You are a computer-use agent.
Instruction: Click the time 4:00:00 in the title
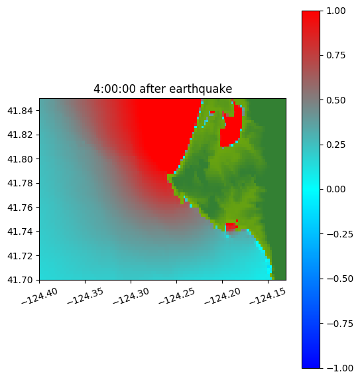[x=115, y=89]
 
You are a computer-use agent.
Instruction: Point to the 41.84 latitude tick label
[x=20, y=111]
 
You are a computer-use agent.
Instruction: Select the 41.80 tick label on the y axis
[x=20, y=159]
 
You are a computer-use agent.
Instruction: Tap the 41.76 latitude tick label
[x=20, y=208]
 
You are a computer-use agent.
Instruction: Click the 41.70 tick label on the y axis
[x=20, y=280]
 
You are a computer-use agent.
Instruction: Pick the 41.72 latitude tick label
[x=20, y=256]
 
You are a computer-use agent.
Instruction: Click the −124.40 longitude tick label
[x=40, y=296]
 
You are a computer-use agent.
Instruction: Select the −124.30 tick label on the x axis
[x=131, y=296]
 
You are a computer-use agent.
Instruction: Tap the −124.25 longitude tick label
[x=177, y=296]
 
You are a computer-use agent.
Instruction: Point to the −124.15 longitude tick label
[x=268, y=296]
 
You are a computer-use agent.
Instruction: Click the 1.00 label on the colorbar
[x=335, y=11]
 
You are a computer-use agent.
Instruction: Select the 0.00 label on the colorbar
[x=335, y=189]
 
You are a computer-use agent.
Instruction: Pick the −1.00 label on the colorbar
[x=339, y=368]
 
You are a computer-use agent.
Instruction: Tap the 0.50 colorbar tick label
[x=335, y=100]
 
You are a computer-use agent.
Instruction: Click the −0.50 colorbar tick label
[x=339, y=279]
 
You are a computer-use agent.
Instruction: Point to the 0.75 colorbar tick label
[x=335, y=56]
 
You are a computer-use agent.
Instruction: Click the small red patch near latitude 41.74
[x=231, y=226]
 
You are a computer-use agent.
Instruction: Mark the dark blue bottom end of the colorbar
[x=311, y=365]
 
